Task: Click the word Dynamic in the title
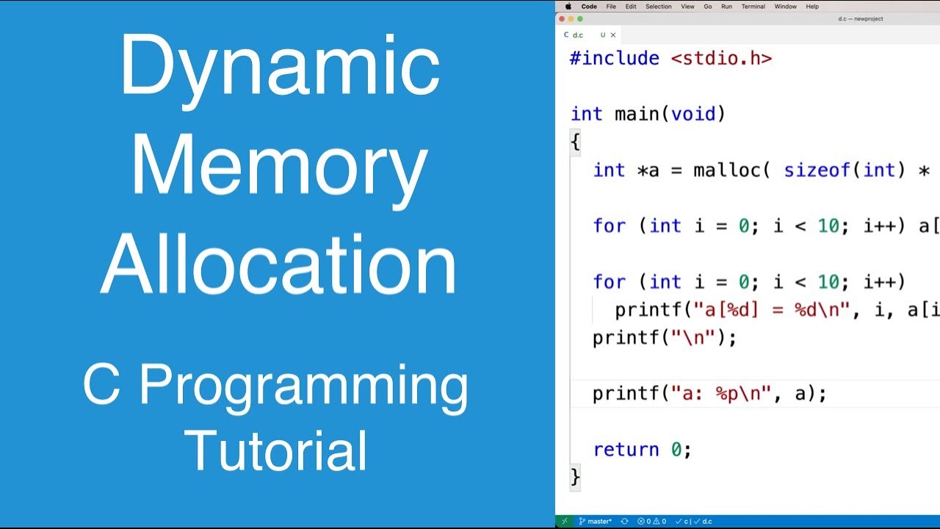pos(279,68)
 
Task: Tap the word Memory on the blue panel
pos(279,167)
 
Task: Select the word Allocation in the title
pos(279,264)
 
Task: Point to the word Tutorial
pos(276,450)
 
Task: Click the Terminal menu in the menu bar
pos(753,7)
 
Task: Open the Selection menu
pos(658,7)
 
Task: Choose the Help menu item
pos(812,7)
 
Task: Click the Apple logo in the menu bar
pos(568,7)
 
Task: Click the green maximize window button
pos(580,19)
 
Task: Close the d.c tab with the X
pos(613,35)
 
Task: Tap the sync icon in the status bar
pos(624,521)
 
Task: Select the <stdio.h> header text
pos(721,59)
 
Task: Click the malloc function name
pos(726,170)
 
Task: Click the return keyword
pos(626,450)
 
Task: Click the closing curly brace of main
pos(575,478)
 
